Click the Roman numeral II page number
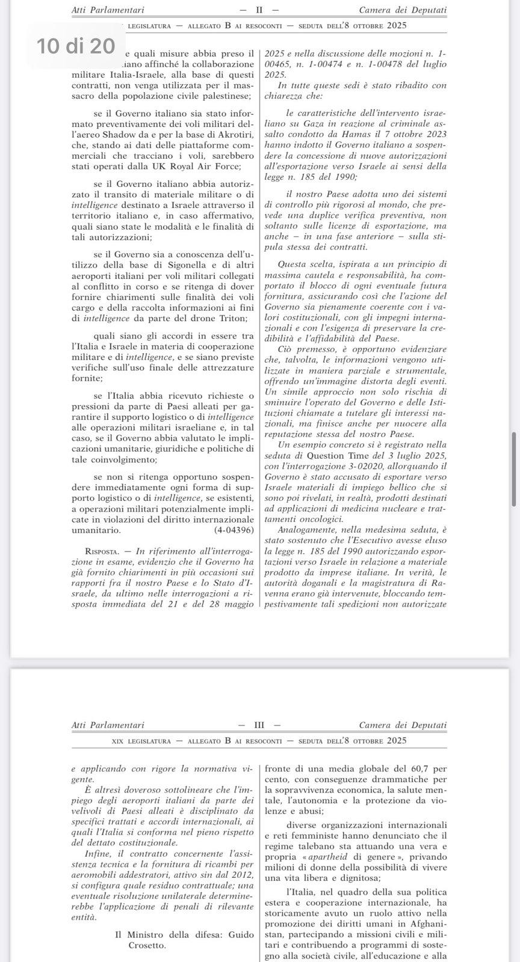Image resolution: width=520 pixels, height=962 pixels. [259, 10]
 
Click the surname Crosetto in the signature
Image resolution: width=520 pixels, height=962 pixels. [148, 945]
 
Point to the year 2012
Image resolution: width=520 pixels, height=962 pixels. [241, 874]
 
